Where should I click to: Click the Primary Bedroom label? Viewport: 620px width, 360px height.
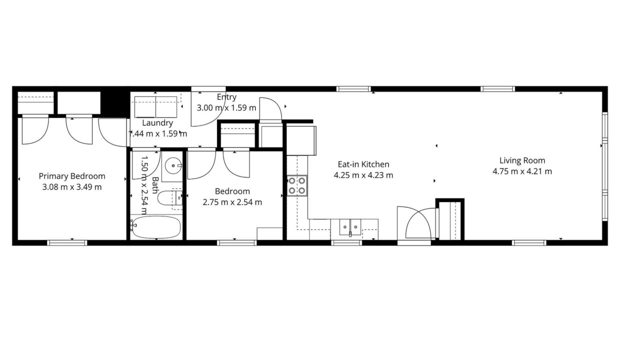pyautogui.click(x=72, y=176)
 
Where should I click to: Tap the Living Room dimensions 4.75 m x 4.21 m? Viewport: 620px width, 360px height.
pyautogui.click(x=522, y=171)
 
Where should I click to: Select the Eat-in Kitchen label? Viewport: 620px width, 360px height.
pyautogui.click(x=363, y=164)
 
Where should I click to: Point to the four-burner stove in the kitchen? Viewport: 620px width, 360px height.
pyautogui.click(x=297, y=185)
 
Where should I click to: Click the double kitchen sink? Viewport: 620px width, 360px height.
pyautogui.click(x=350, y=227)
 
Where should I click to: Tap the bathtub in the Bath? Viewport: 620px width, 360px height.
pyautogui.click(x=156, y=227)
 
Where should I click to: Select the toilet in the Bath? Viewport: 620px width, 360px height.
pyautogui.click(x=170, y=198)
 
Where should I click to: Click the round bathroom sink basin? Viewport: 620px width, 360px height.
pyautogui.click(x=173, y=165)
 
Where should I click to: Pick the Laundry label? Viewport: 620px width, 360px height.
pyautogui.click(x=157, y=123)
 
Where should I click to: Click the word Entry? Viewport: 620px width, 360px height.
pyautogui.click(x=226, y=97)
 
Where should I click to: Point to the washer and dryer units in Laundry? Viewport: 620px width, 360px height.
pyautogui.click(x=155, y=107)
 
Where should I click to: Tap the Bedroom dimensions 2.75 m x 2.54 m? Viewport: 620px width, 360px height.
pyautogui.click(x=232, y=202)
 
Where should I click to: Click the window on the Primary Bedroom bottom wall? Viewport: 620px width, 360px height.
pyautogui.click(x=67, y=243)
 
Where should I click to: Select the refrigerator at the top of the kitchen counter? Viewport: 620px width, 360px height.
pyautogui.click(x=301, y=140)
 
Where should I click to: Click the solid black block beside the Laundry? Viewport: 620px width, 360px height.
pyautogui.click(x=115, y=102)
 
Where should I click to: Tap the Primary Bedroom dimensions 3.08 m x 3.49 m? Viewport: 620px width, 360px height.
pyautogui.click(x=72, y=187)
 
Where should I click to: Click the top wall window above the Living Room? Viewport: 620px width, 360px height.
pyautogui.click(x=497, y=89)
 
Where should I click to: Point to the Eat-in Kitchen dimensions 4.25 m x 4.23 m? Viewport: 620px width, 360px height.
pyautogui.click(x=363, y=175)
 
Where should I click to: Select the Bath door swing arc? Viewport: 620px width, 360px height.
pyautogui.click(x=153, y=169)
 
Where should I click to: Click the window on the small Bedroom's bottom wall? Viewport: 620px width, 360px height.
pyautogui.click(x=237, y=243)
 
